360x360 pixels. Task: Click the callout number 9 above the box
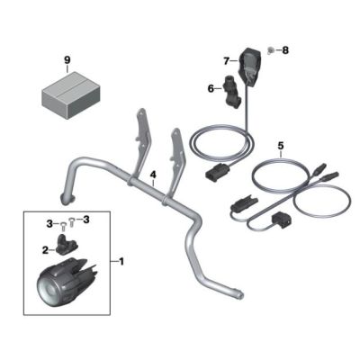[67, 60]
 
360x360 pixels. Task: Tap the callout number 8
[285, 50]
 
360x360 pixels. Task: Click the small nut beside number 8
[271, 50]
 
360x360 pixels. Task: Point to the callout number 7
[227, 61]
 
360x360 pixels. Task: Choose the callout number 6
[211, 89]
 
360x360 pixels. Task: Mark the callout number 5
[281, 146]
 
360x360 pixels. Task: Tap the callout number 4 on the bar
[153, 174]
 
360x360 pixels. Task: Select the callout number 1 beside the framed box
[121, 262]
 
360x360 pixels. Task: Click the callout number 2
[45, 250]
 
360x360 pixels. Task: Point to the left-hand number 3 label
[49, 223]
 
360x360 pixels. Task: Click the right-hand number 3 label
[86, 220]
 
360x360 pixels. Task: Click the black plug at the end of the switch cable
[217, 173]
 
